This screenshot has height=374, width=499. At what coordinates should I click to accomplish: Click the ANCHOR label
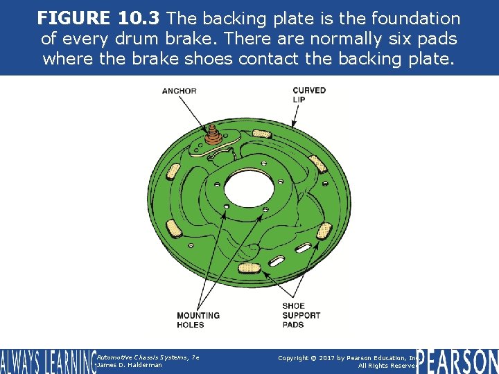179,91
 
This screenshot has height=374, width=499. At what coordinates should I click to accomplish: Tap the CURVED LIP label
309,95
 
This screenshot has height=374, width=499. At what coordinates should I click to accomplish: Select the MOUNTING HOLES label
198,320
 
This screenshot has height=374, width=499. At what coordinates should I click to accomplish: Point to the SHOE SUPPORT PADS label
301,315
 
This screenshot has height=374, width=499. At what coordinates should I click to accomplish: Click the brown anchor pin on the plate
211,135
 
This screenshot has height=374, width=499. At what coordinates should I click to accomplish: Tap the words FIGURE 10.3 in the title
100,18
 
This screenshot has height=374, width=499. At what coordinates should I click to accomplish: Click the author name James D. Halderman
130,365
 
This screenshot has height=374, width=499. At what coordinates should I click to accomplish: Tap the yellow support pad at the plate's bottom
249,265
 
